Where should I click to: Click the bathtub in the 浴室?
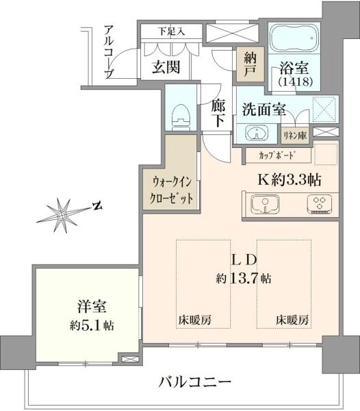[x=294, y=38]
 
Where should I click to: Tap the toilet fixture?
[x=181, y=117]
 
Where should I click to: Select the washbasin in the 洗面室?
[x=257, y=132]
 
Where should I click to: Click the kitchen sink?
[x=265, y=204]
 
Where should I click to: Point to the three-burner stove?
[x=320, y=204]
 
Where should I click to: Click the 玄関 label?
[x=166, y=67]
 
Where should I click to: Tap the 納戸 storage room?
[x=250, y=64]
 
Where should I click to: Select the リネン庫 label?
[x=295, y=136]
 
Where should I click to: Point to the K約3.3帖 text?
[x=290, y=179]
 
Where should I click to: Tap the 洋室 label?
[x=92, y=306]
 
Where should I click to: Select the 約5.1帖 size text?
[x=92, y=325]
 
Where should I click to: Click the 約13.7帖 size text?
[x=244, y=278]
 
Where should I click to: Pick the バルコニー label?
[x=195, y=382]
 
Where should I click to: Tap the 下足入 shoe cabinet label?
[x=172, y=32]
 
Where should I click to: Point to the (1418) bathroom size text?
[x=296, y=82]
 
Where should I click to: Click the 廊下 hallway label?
[x=218, y=114]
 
